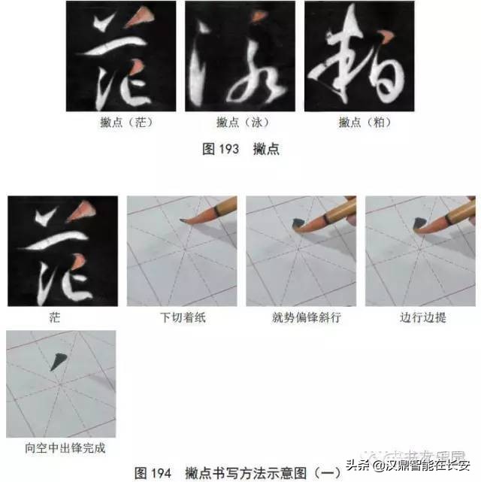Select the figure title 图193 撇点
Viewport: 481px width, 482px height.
(240, 149)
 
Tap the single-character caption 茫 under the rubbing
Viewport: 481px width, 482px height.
(62, 317)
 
